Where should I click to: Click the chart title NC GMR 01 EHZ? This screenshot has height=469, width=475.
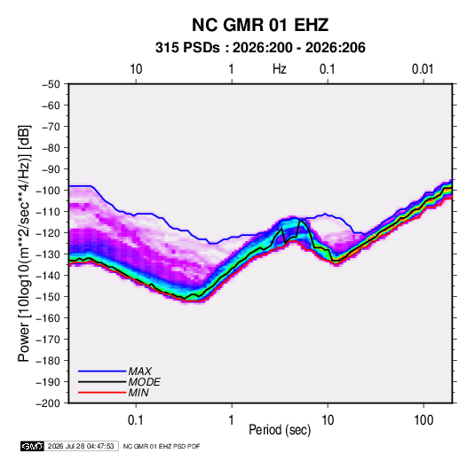coord(260,25)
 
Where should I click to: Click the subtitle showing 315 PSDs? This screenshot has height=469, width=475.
coord(260,48)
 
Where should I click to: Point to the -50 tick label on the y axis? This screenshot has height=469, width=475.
coord(51,84)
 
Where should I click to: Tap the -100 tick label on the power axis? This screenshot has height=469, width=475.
coord(48,191)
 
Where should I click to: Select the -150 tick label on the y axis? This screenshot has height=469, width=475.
coord(48,297)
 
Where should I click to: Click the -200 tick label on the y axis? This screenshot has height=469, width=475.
coord(48,403)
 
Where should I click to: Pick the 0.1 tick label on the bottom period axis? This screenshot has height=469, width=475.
coord(136,420)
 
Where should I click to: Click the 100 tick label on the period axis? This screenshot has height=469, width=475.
coord(424,420)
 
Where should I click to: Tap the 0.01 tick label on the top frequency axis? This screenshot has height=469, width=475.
coord(423,69)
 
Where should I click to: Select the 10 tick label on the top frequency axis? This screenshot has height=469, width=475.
coord(136,69)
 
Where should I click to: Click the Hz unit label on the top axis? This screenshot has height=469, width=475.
coord(280,69)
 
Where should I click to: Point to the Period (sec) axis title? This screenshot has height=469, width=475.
coord(280,430)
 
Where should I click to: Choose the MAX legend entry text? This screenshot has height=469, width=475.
coord(140,371)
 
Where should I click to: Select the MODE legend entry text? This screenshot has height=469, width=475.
coord(144,382)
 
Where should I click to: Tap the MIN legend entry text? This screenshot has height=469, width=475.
coord(139,393)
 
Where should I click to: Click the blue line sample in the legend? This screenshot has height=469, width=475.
coord(102,371)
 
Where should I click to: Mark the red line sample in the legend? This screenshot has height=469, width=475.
coord(102,393)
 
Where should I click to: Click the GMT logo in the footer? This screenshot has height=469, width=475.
coord(33,446)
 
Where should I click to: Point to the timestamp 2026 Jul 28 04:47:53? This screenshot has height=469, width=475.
coord(81,446)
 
